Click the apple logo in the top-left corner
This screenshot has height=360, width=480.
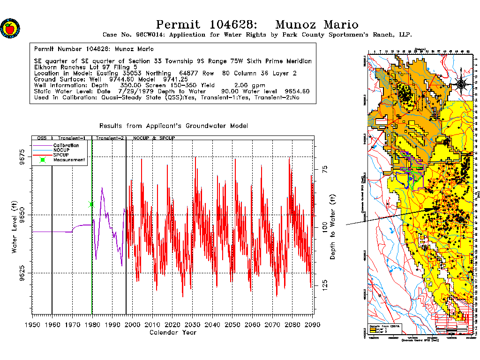point(10,29)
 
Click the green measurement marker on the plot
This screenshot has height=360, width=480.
point(91,204)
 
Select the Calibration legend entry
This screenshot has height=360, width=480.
point(66,145)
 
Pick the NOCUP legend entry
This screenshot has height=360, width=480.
point(61,150)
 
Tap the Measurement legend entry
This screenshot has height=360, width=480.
point(69,160)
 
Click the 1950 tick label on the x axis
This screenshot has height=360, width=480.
point(32,324)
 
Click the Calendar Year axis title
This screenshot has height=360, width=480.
point(172,333)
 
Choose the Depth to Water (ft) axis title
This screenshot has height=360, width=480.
point(333,227)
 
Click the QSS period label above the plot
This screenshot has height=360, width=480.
point(42,139)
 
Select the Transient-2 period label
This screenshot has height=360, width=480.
point(109,139)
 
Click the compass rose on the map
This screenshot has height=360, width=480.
point(461,84)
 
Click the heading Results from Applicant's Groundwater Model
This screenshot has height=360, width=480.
point(173,126)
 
